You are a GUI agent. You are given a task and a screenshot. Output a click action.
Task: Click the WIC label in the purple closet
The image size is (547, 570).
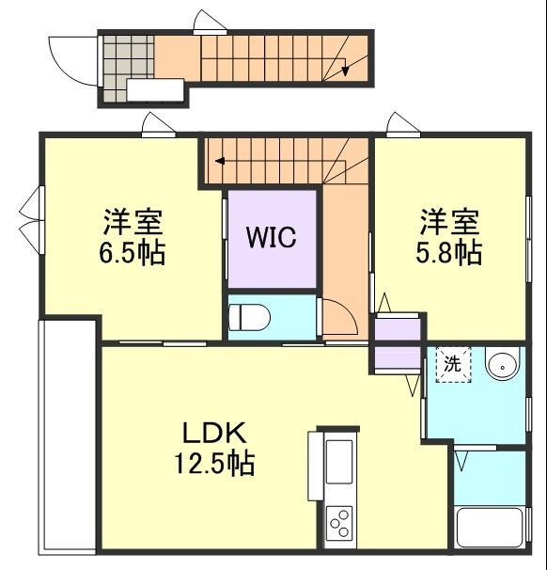coord(272,238)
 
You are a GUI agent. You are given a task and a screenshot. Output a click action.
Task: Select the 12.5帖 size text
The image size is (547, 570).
coord(213,464)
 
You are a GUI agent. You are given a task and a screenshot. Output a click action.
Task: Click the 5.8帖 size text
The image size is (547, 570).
coord(449,253)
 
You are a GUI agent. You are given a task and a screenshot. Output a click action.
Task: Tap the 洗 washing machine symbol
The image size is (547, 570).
coord(452,365)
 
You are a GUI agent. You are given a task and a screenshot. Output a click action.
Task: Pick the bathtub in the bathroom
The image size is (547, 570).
coord(490,529)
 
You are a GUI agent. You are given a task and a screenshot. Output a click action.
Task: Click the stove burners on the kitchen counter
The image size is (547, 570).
coord(339,520)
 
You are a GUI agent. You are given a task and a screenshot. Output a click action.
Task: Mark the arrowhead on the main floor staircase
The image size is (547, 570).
coord(219,161)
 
